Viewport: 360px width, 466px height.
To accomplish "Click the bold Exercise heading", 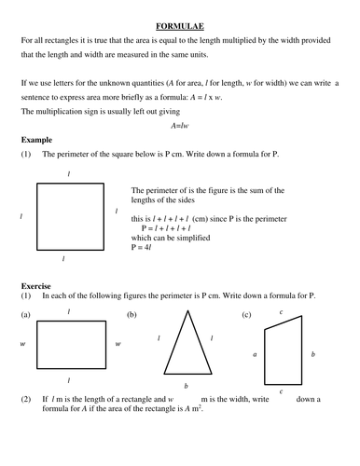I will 36,284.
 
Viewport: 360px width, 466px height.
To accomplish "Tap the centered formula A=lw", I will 180,124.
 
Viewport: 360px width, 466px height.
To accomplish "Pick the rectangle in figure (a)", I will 68,346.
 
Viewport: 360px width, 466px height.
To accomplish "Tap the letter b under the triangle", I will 187,385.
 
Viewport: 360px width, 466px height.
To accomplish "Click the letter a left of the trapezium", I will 254,354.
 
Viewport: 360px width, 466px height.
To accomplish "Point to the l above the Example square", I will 68,173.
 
